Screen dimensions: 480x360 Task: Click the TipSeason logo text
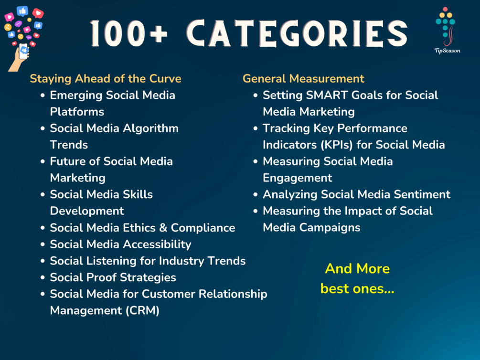click(x=447, y=51)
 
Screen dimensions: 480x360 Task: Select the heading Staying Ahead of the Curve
click(x=105, y=79)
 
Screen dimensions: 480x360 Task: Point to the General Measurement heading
click(x=303, y=79)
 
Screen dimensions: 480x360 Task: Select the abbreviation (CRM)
click(x=142, y=310)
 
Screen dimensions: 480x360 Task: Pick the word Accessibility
click(x=157, y=244)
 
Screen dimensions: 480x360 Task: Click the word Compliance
click(x=203, y=228)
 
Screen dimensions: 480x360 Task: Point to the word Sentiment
click(x=422, y=194)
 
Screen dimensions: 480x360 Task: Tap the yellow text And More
click(x=357, y=269)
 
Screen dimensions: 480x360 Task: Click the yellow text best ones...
click(x=357, y=289)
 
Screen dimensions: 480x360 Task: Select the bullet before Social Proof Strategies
click(x=43, y=278)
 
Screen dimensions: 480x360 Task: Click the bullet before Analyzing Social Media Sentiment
click(x=256, y=195)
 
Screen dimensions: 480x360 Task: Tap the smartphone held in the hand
click(x=24, y=51)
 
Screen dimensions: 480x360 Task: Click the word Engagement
click(x=297, y=178)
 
